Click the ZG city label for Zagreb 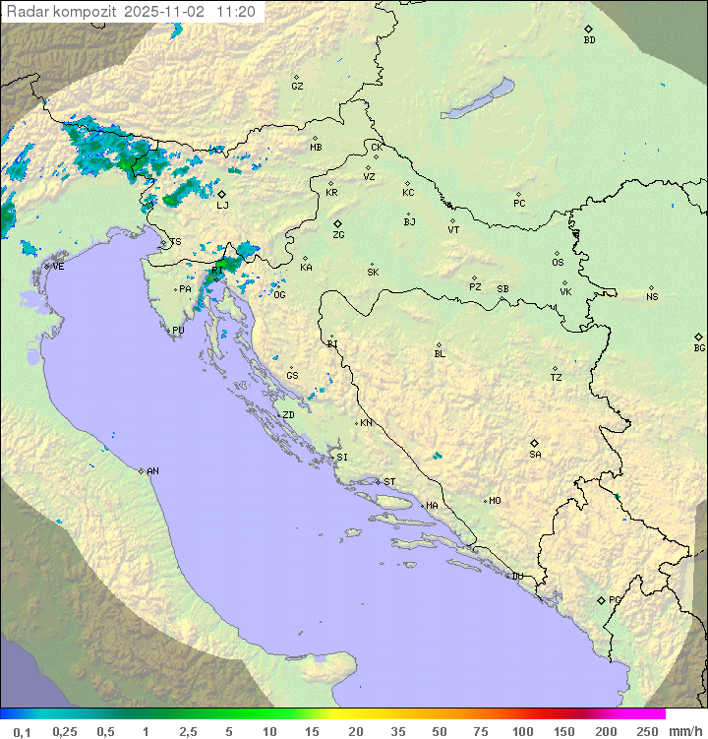(x=338, y=235)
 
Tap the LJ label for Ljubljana (x=222, y=205)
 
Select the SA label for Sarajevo (x=535, y=454)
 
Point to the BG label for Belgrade (x=699, y=347)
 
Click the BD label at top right (x=589, y=40)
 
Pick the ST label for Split (x=389, y=482)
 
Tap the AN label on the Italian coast (x=152, y=471)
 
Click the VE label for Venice (x=58, y=267)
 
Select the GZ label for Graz (x=297, y=86)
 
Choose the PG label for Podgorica (x=615, y=599)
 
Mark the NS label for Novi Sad (x=652, y=297)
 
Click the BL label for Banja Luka (x=440, y=353)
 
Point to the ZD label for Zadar (x=288, y=415)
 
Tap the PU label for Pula (x=178, y=331)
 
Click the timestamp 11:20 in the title (x=237, y=12)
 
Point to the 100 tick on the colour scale (x=522, y=731)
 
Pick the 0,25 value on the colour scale (x=65, y=731)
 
